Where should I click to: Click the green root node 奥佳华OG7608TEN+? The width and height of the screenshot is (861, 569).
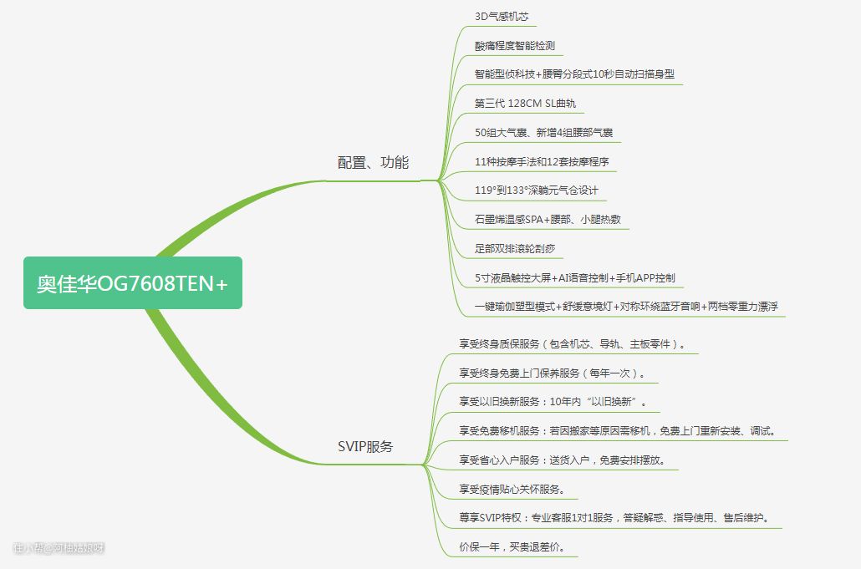pyautogui.click(x=132, y=283)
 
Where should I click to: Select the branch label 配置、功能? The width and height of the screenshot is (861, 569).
pyautogui.click(x=373, y=163)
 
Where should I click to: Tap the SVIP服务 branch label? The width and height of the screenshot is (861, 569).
pyautogui.click(x=365, y=446)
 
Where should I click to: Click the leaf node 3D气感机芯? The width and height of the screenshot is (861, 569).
pyautogui.click(x=501, y=17)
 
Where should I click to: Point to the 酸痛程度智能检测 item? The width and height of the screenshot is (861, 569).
pyautogui.click(x=514, y=46)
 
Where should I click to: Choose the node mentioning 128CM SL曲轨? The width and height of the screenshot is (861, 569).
pyautogui.click(x=524, y=104)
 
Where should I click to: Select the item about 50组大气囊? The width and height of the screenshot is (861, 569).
pyautogui.click(x=546, y=133)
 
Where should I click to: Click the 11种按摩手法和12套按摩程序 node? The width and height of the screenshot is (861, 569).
pyautogui.click(x=541, y=161)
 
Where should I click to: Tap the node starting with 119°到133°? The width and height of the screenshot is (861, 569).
pyautogui.click(x=536, y=191)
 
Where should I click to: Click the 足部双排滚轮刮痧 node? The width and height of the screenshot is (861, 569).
pyautogui.click(x=514, y=248)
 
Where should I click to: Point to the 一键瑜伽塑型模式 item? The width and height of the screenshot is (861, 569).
pyautogui.click(x=626, y=307)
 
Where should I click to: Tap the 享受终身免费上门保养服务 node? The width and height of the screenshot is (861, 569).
pyautogui.click(x=552, y=373)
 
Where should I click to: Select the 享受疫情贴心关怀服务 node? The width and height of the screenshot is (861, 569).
pyautogui.click(x=512, y=489)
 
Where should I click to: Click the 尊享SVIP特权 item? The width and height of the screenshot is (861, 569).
pyautogui.click(x=614, y=518)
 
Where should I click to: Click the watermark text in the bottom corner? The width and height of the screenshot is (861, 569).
pyautogui.click(x=59, y=548)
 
